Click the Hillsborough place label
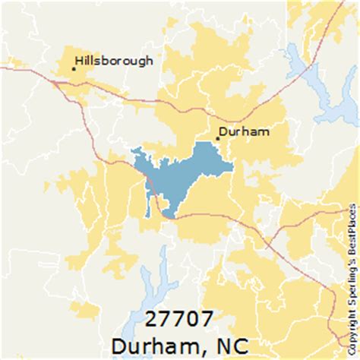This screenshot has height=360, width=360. coord(114,61)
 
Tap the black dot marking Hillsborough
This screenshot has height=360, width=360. coord(73,69)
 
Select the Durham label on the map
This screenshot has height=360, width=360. coord(244,131)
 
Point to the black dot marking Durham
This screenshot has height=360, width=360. coord(218,138)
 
